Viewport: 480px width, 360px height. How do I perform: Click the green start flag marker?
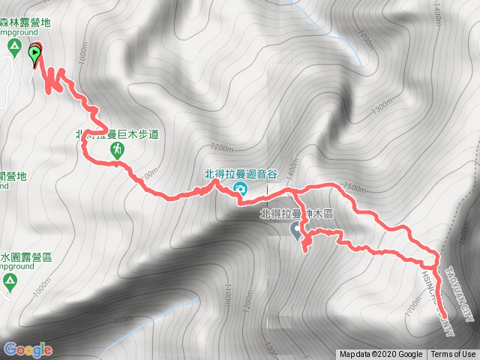coord(34,53)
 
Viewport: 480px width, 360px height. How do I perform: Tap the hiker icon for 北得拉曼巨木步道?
coord(118,151)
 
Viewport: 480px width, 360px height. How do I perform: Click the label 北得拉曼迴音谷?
coord(241,174)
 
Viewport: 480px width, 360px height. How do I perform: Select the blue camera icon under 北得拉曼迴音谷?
coord(240,187)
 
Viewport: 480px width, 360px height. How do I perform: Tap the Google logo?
coord(28,349)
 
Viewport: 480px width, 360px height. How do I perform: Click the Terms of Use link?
coord(453,355)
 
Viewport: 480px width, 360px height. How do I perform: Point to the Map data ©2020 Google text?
coord(380,355)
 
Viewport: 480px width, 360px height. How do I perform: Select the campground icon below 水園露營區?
coord(9,282)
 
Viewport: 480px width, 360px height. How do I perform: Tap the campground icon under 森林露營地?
coord(13,49)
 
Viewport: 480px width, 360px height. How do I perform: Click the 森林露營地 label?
coord(25,22)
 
